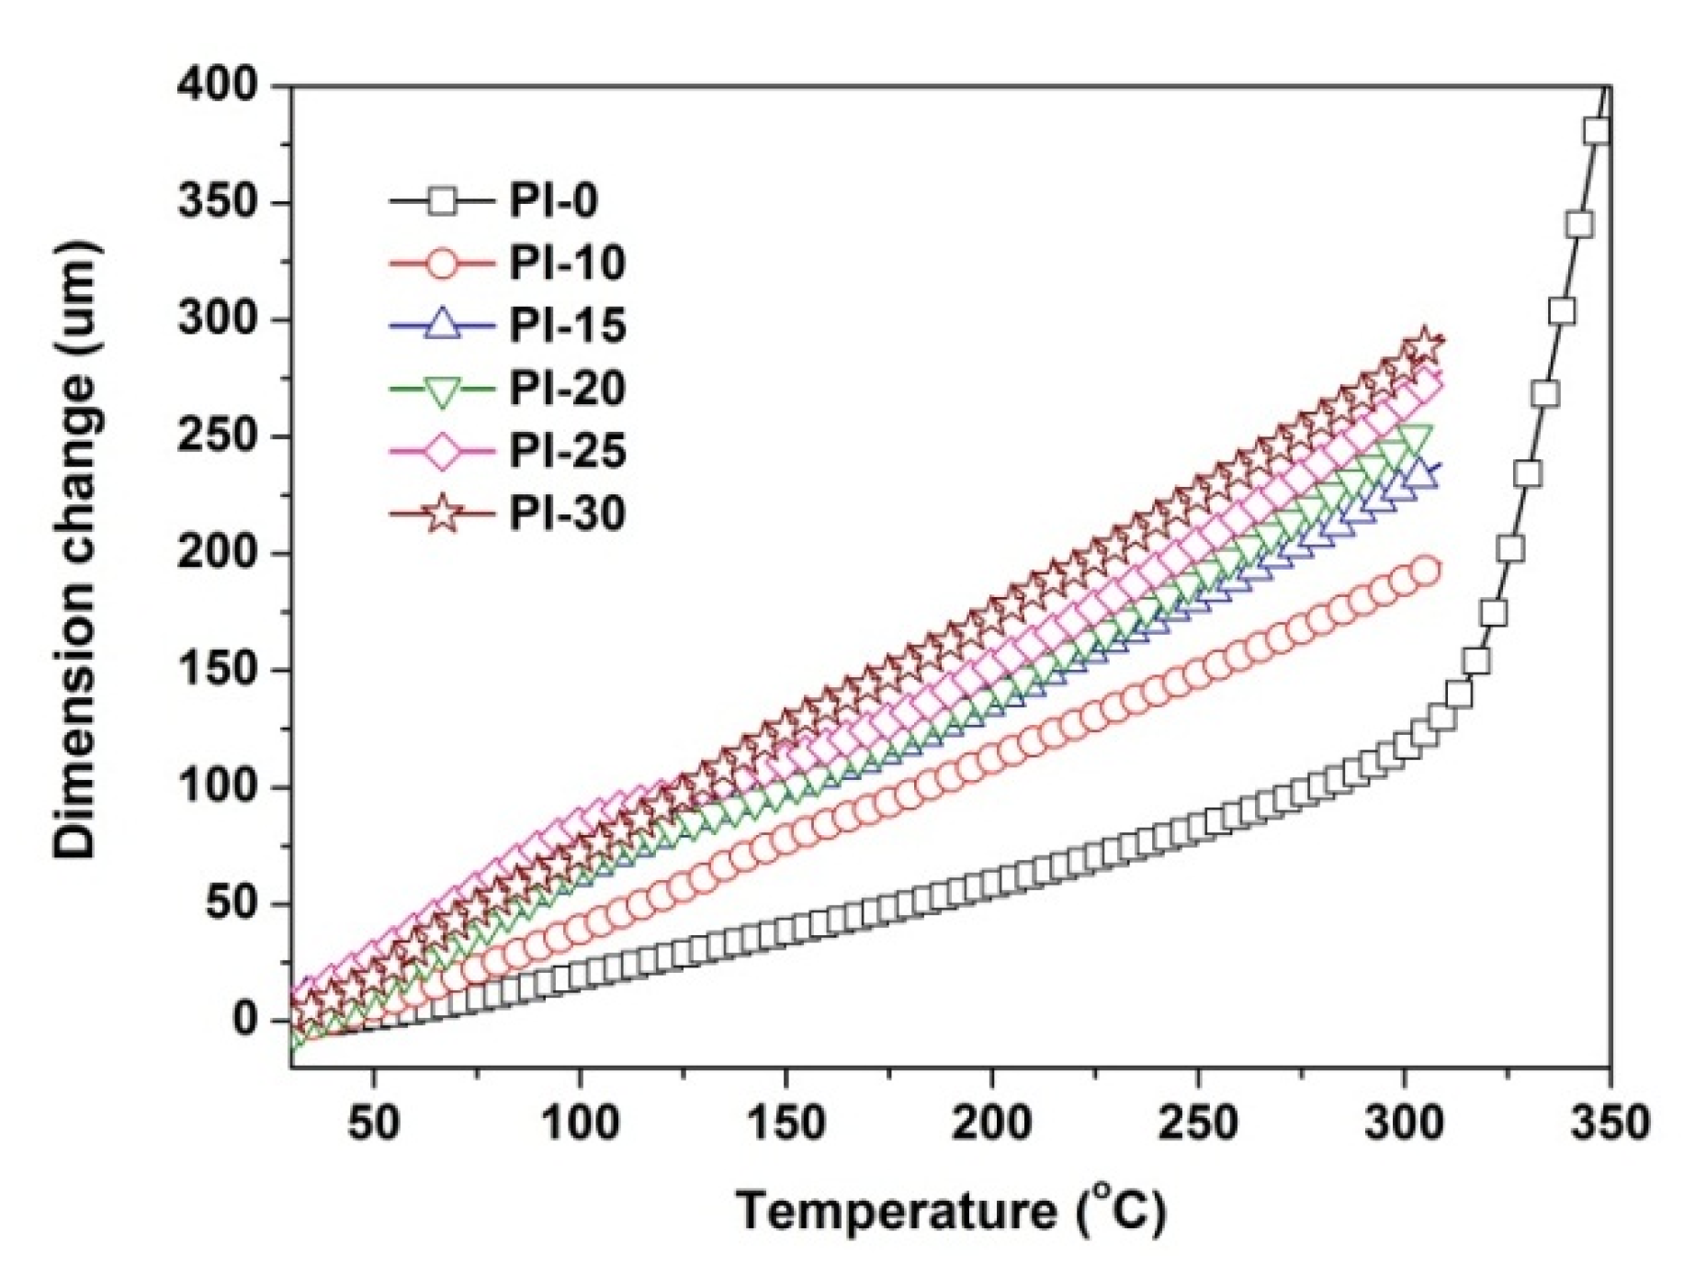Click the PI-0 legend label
coord(553,200)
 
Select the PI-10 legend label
coord(567,263)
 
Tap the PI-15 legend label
coord(567,325)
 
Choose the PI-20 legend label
coord(567,388)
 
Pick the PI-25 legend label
coord(567,450)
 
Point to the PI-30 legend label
coord(567,513)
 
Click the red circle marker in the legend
coord(442,264)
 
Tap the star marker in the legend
coord(442,513)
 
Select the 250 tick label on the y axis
coord(219,436)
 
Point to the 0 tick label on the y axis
coord(244,1020)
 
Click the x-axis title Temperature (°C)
coord(950,1210)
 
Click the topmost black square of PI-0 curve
coord(1597,131)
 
